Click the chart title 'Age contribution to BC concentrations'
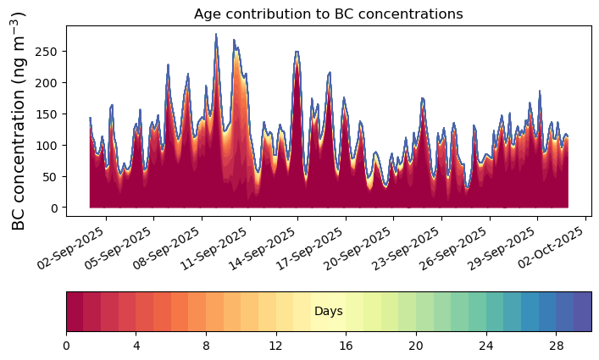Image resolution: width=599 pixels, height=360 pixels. tap(328, 14)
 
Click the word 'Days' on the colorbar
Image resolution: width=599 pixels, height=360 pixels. tap(328, 312)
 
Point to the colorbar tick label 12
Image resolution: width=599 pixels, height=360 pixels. tap(275, 346)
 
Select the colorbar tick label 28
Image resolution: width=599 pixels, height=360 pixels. tap(556, 346)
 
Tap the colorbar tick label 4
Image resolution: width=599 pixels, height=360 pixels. tap(136, 346)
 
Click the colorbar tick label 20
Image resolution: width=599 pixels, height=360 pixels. tap(415, 346)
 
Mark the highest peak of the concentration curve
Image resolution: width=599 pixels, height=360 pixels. tap(216, 35)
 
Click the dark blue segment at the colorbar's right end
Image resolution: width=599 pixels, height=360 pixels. tap(582, 312)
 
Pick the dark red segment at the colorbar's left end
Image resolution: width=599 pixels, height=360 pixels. tap(75, 312)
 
